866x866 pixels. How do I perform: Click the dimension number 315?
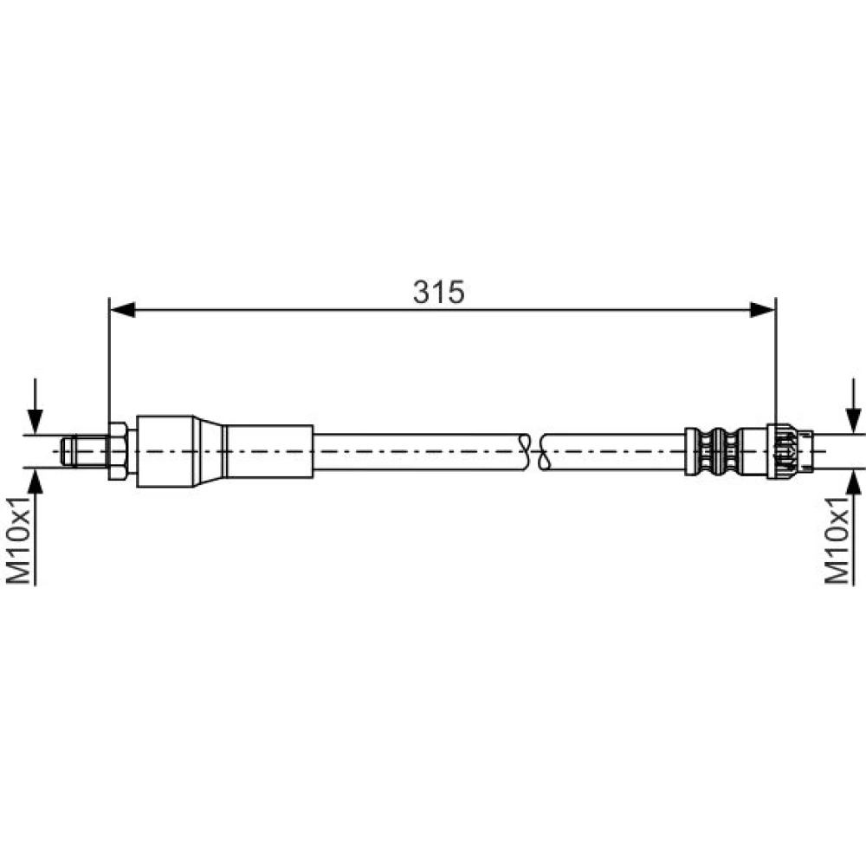439,292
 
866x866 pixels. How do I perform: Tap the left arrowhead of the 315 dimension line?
123,310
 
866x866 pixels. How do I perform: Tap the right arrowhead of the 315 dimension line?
763,310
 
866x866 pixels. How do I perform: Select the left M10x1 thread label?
18,540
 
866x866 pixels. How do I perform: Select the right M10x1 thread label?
837,540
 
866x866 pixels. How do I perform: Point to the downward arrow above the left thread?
36,406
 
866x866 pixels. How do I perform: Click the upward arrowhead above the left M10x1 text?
36,481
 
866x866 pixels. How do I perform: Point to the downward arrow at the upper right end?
854,406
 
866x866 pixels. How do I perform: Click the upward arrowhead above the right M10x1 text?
854,481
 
